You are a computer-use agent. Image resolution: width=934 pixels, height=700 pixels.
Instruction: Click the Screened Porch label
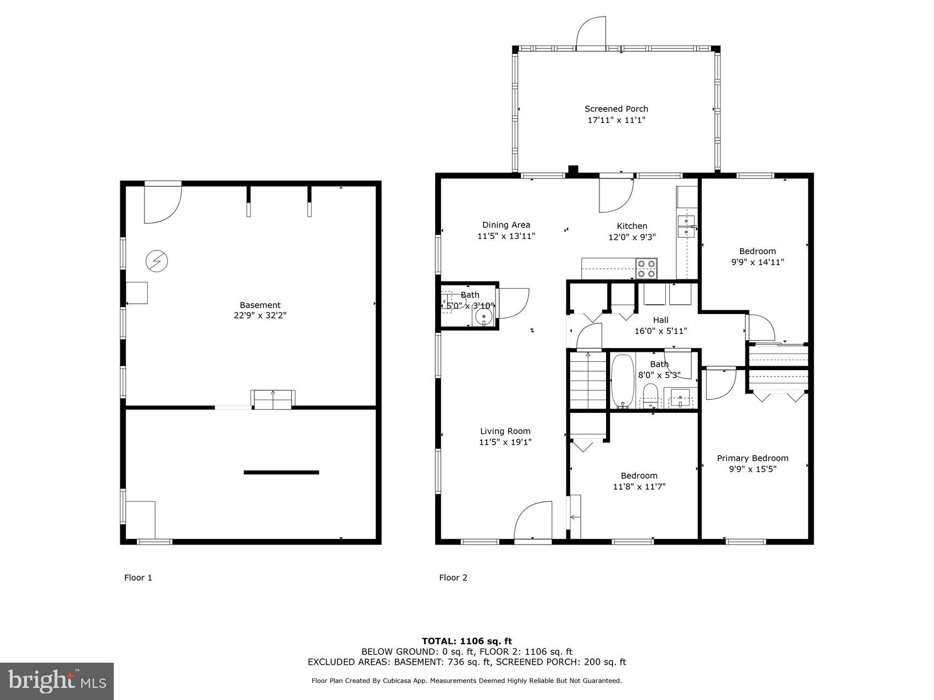click(616, 109)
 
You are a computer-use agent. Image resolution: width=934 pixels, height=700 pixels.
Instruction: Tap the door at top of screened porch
click(591, 35)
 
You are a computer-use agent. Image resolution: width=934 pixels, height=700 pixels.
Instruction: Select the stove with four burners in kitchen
click(647, 268)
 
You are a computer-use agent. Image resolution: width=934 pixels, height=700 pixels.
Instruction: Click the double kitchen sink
click(686, 227)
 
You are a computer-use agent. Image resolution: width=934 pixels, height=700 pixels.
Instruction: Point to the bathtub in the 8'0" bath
click(622, 380)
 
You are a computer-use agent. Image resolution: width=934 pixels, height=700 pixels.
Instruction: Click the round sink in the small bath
click(483, 316)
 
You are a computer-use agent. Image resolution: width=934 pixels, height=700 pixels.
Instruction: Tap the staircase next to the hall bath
click(587, 380)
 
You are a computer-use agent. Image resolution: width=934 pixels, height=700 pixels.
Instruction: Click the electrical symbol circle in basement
click(157, 261)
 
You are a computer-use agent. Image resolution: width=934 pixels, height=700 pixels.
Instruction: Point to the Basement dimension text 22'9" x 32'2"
click(260, 316)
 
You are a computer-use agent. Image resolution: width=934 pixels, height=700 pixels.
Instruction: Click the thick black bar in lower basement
click(281, 472)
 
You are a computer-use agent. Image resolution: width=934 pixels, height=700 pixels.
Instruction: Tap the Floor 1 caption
click(138, 578)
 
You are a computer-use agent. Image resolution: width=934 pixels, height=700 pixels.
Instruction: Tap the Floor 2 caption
click(453, 578)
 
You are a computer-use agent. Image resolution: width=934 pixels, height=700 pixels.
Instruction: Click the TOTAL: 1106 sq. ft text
click(466, 641)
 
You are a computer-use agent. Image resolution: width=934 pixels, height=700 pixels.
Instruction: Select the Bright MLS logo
click(57, 681)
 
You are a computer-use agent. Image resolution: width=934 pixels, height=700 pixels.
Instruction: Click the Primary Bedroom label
click(752, 458)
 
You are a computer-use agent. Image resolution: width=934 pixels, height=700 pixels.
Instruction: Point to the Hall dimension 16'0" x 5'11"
click(660, 331)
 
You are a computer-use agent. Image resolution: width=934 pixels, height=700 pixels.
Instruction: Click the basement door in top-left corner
click(162, 204)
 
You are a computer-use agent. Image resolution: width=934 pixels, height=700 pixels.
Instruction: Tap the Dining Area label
click(506, 225)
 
